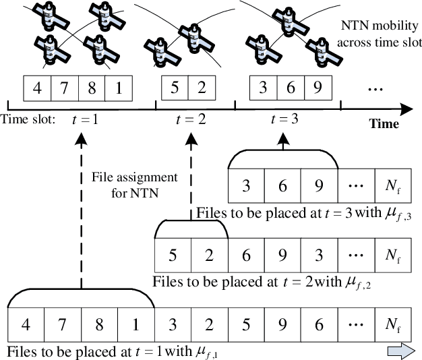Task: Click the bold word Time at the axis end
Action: coord(383,124)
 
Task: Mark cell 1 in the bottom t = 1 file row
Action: coord(135,328)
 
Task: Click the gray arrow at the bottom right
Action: coord(398,352)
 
